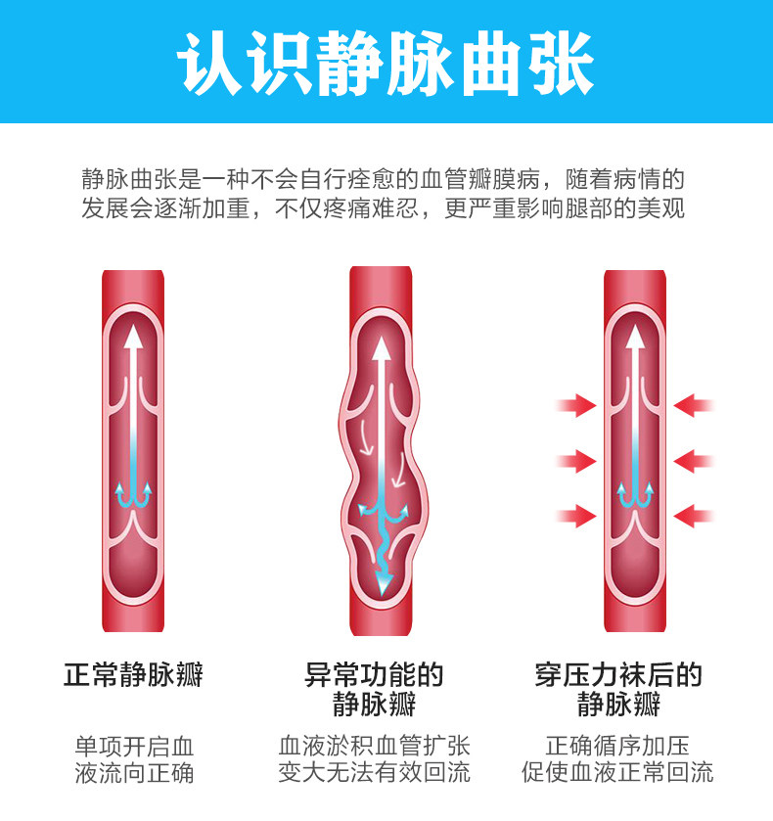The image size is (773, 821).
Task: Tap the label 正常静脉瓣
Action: tap(134, 675)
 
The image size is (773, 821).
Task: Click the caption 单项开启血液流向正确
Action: tap(134, 759)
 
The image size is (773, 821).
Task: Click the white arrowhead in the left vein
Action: tap(134, 338)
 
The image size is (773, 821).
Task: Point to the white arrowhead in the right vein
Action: tap(635, 338)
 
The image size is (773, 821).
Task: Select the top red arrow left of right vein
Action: tap(576, 405)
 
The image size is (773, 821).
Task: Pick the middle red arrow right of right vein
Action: tap(695, 460)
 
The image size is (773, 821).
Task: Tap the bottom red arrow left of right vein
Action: tap(576, 514)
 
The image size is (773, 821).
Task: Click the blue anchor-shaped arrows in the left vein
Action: tap(134, 495)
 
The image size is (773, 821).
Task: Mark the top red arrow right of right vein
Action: tap(695, 405)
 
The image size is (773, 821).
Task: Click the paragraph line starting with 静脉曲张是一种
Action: tap(384, 180)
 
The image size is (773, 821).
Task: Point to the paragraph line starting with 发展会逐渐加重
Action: tap(384, 209)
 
